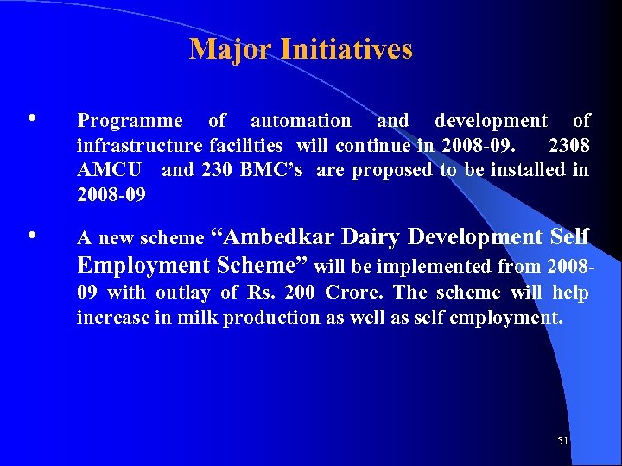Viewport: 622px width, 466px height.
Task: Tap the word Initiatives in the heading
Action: pyautogui.click(x=346, y=49)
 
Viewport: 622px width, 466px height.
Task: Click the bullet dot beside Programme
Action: pyautogui.click(x=32, y=118)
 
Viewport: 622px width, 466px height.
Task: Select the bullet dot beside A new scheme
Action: pyautogui.click(x=32, y=235)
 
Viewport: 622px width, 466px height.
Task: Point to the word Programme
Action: pyautogui.click(x=130, y=121)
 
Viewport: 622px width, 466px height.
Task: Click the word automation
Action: pyautogui.click(x=301, y=121)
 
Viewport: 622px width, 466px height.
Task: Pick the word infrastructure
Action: pyautogui.click(x=140, y=145)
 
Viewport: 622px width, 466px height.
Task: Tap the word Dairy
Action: pyautogui.click(x=372, y=236)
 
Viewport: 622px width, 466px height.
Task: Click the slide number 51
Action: pyautogui.click(x=563, y=441)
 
